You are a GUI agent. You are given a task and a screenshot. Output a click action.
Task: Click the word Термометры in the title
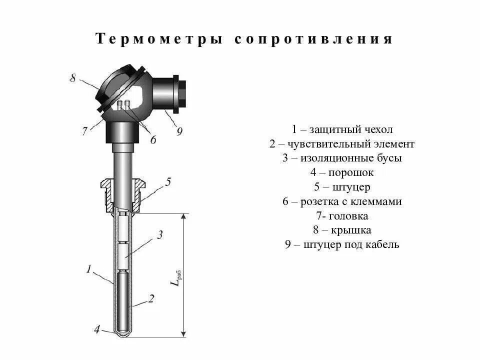[159, 40]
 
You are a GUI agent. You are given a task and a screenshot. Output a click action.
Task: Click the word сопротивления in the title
[313, 40]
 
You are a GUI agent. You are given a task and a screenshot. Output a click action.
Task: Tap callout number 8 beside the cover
[73, 78]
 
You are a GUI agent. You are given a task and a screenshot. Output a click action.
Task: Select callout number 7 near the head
[85, 131]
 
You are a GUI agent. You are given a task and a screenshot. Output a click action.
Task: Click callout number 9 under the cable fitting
[179, 131]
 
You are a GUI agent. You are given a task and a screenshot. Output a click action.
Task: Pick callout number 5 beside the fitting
[168, 181]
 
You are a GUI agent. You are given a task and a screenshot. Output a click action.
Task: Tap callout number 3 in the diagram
[159, 234]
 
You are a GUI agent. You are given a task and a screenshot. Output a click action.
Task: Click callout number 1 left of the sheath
[88, 269]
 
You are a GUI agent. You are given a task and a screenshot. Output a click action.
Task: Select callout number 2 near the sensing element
[151, 298]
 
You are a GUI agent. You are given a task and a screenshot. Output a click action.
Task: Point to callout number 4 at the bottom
[96, 329]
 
